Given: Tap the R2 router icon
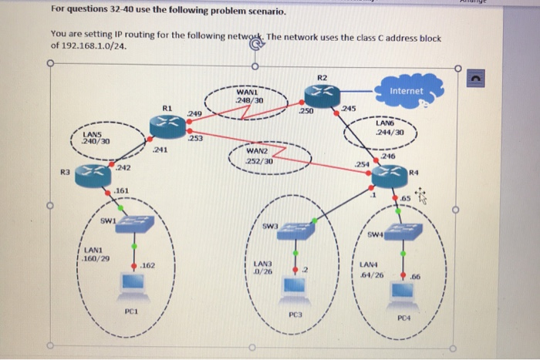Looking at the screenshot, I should coord(320,94).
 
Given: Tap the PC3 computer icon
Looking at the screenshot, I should coord(294,287).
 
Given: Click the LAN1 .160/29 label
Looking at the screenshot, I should coord(96,254).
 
